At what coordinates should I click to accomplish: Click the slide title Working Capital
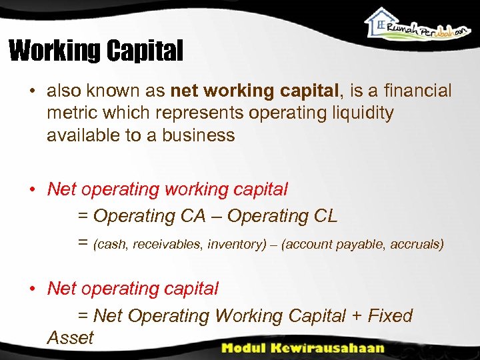pyautogui.click(x=95, y=51)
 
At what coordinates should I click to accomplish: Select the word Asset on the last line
pyautogui.click(x=70, y=338)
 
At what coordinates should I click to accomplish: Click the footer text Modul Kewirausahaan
pyautogui.click(x=303, y=347)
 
